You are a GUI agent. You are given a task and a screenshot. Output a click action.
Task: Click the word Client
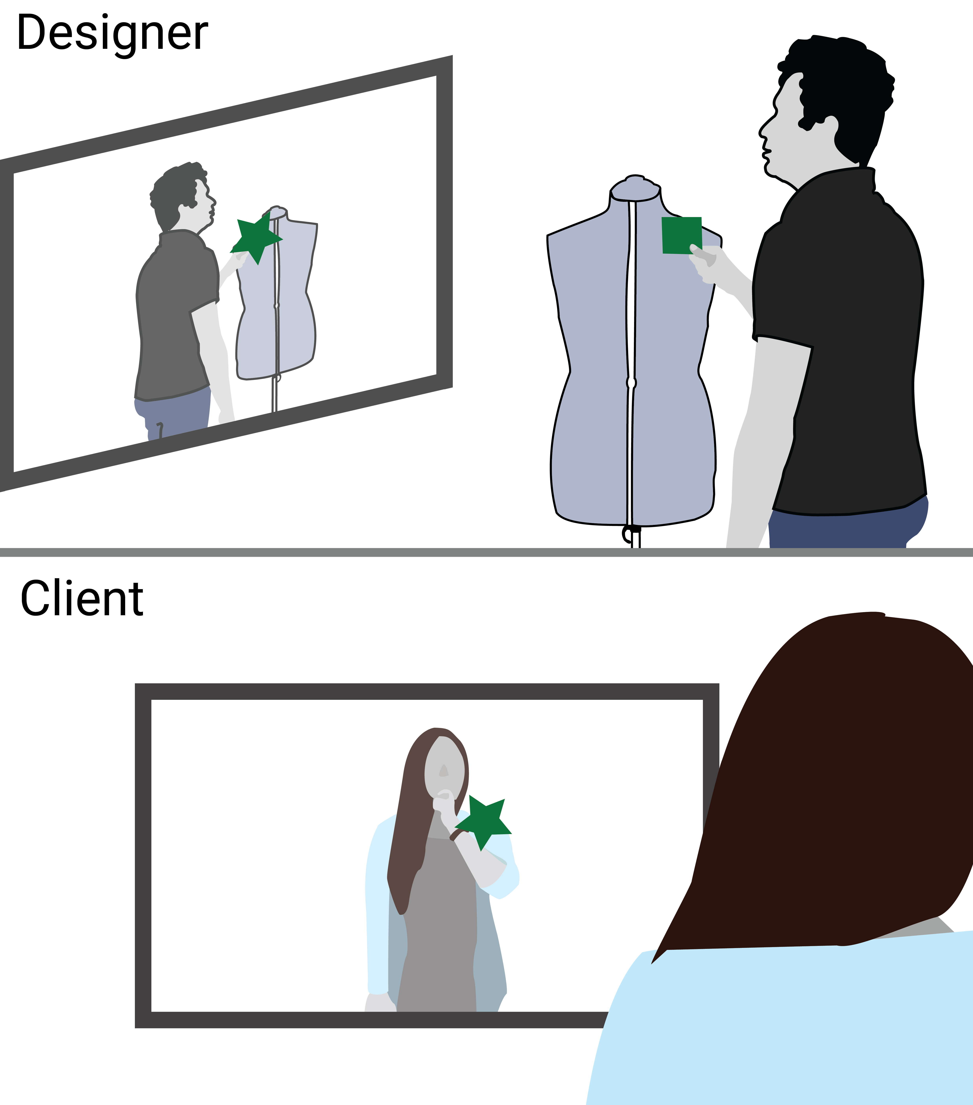82,598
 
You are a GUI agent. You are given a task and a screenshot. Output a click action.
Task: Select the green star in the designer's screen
255,238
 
